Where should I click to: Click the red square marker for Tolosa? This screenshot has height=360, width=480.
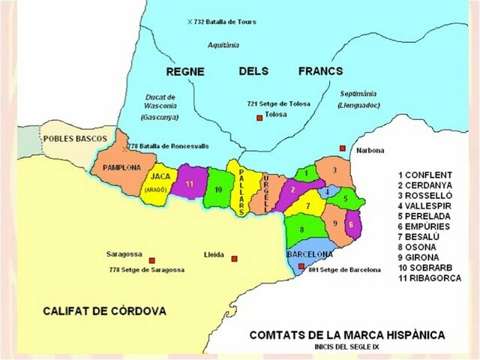(x=259, y=118)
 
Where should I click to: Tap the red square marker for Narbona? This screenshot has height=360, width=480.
(x=343, y=148)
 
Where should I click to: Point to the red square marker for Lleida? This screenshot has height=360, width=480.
(x=235, y=259)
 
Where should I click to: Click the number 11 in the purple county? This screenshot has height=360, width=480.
(x=190, y=184)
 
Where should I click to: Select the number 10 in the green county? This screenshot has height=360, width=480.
(x=217, y=190)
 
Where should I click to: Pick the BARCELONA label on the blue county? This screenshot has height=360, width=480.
(x=309, y=254)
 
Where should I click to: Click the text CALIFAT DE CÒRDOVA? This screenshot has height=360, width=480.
(x=104, y=310)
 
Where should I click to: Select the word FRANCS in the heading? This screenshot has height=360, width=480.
(x=319, y=71)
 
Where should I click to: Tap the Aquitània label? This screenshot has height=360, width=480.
(x=223, y=45)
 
